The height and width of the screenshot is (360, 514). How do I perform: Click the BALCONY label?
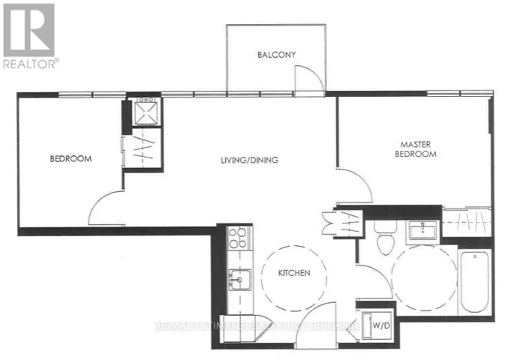(277, 55)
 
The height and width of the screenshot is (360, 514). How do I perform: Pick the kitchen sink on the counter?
(239, 279)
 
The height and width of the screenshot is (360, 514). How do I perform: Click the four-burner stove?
(239, 238)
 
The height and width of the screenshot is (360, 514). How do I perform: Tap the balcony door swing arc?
(308, 78)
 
